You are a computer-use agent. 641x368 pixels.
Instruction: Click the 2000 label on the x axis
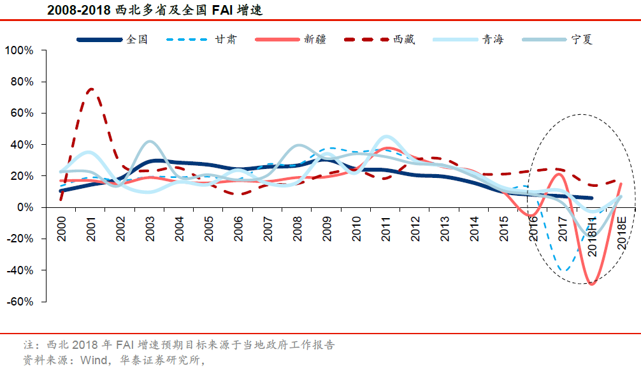pos(62,227)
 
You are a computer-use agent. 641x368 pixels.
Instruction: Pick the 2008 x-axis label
pos(298,227)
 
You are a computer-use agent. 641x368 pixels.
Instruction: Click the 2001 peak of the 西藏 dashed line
pos(91,89)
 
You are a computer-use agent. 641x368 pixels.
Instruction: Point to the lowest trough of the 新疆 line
pos(592,284)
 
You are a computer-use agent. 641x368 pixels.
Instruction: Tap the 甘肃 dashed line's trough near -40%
pos(563,270)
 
